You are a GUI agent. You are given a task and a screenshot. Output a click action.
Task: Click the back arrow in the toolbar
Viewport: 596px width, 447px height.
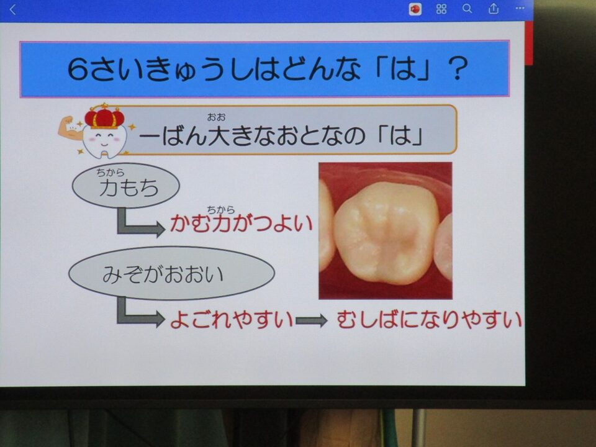12,9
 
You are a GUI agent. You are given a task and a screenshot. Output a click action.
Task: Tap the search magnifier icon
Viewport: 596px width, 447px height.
467,8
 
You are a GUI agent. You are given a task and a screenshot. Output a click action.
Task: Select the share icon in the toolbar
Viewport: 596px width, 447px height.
494,8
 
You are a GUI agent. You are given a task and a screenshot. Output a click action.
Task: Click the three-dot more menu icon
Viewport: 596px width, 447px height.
520,8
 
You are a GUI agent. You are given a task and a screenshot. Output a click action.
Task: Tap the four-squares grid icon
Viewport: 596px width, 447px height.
441,9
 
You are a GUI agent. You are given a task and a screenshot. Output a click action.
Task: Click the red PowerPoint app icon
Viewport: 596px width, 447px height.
415,9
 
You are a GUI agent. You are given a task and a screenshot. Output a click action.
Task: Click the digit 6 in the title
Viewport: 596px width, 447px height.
78,69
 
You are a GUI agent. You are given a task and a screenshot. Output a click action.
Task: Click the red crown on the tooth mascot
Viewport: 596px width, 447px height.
104,116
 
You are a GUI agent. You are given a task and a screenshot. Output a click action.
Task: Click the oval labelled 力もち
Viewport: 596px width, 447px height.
125,185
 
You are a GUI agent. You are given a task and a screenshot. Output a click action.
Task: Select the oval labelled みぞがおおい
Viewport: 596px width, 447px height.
171,273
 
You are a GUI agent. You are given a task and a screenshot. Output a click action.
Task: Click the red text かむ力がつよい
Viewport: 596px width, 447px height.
241,223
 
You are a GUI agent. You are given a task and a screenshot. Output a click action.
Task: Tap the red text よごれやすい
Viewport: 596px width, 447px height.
231,319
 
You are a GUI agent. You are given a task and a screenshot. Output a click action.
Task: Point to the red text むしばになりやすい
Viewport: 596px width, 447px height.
429,319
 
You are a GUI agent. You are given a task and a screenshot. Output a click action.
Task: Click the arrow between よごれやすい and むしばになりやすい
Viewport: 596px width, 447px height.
311,320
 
